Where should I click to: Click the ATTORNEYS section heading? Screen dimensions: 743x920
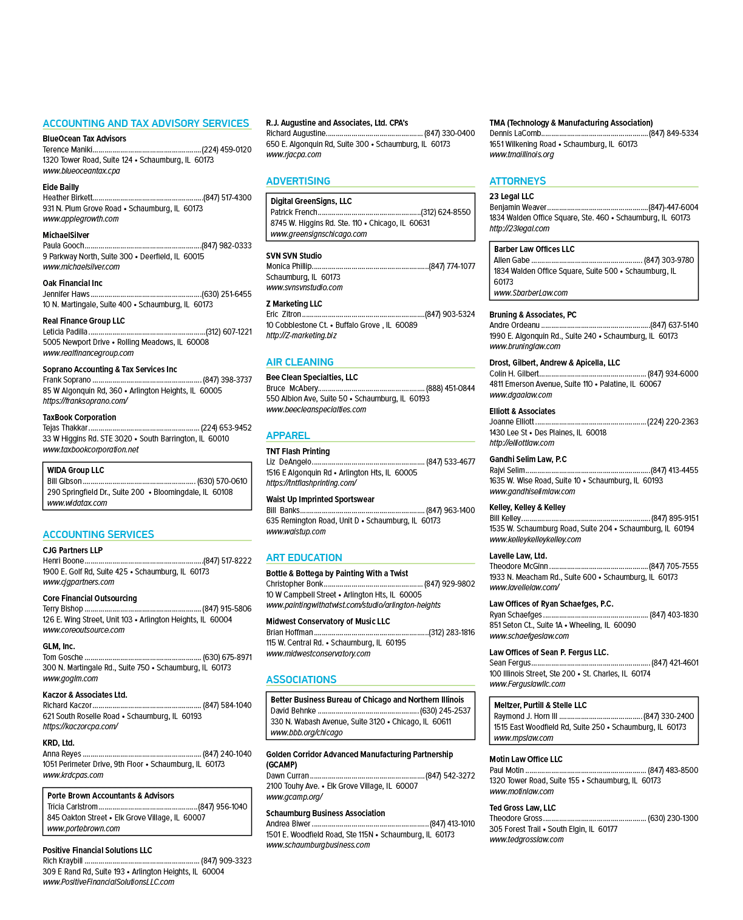(x=517, y=181)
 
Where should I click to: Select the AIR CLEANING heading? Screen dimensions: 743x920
(x=300, y=362)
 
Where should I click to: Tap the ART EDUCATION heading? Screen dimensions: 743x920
(x=304, y=557)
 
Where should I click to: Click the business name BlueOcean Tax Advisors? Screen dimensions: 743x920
(x=84, y=138)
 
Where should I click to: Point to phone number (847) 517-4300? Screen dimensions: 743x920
(x=228, y=198)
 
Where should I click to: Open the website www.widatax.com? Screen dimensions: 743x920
(x=77, y=503)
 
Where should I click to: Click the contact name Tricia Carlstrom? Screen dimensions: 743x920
(x=72, y=806)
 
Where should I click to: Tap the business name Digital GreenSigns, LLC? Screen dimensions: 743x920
(x=311, y=201)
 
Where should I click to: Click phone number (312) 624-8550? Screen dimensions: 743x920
(x=446, y=212)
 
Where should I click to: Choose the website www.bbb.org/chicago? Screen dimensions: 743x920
(x=306, y=732)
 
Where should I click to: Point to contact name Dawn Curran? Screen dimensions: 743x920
(x=287, y=775)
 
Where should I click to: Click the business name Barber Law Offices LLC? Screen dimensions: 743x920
(x=534, y=249)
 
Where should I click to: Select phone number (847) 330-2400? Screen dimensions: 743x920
(x=669, y=716)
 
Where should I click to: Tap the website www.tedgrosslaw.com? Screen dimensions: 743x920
(x=526, y=839)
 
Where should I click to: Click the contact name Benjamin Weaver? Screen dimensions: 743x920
(x=518, y=207)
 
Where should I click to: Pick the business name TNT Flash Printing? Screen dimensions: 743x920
(x=297, y=451)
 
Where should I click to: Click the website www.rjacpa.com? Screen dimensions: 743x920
(x=294, y=155)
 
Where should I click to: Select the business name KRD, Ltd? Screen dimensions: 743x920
(x=58, y=743)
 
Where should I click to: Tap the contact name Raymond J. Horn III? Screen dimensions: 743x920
(x=526, y=716)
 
